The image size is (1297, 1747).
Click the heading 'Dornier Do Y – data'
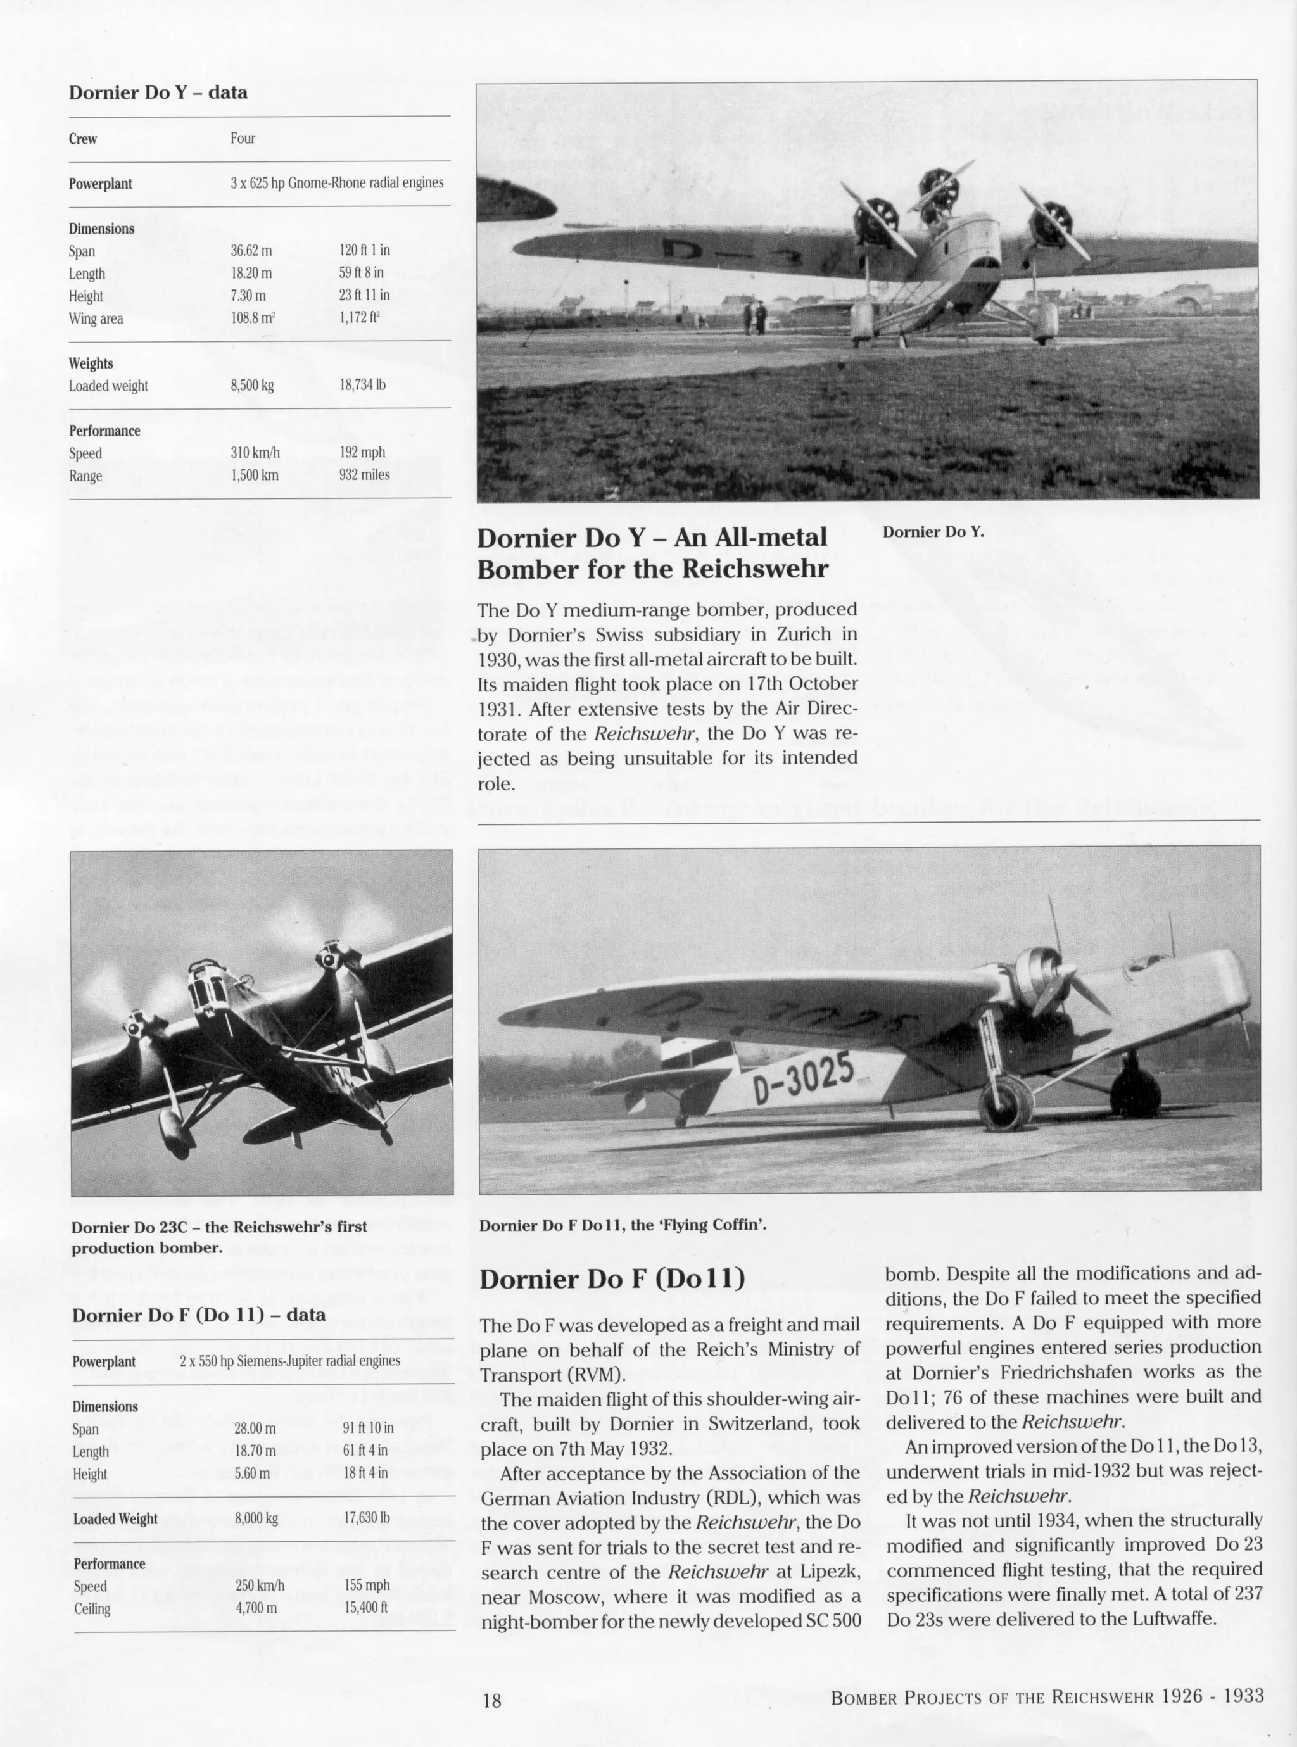point(158,92)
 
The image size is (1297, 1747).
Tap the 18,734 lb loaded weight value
point(362,386)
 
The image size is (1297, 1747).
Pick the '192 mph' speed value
point(364,453)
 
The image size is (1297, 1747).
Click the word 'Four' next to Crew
point(243,138)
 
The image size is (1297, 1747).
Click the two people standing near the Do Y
point(756,317)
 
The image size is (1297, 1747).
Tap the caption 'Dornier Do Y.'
point(932,532)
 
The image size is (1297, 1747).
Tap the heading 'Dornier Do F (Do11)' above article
point(612,1280)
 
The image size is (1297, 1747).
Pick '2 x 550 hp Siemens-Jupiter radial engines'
point(289,1361)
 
